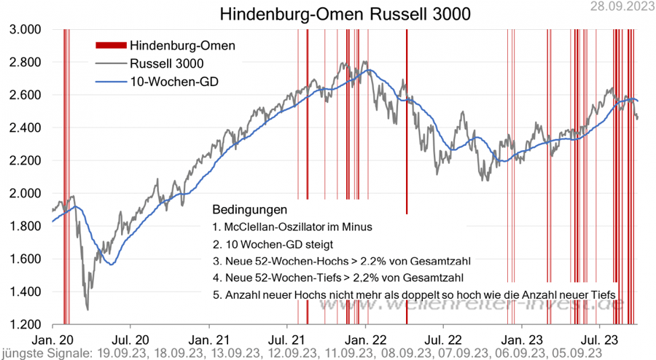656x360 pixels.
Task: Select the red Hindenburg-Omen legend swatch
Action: (112, 45)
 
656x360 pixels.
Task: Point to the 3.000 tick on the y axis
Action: (25, 29)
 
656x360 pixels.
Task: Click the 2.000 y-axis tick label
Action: (25, 193)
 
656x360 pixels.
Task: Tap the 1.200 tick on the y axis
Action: (25, 324)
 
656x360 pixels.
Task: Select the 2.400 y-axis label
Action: (25, 128)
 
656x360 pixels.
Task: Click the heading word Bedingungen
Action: (244, 209)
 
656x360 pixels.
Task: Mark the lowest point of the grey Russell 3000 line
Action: (87, 309)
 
